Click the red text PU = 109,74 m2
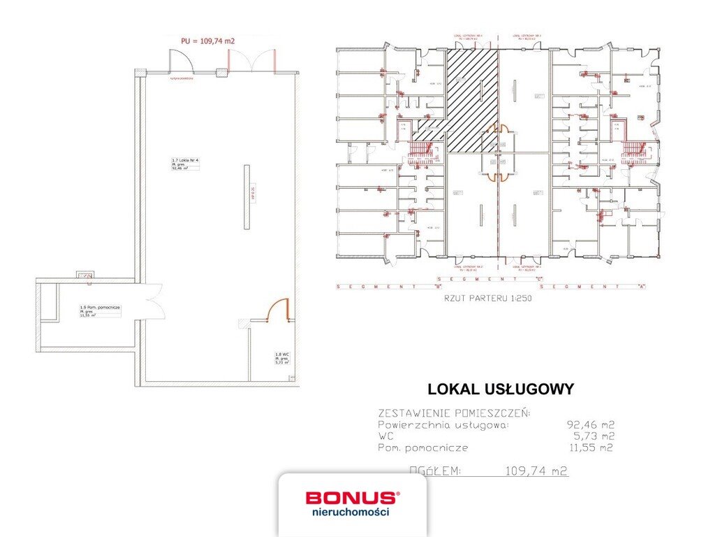point(207,41)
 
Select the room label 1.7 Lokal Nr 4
point(185,161)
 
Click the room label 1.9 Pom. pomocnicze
point(99,308)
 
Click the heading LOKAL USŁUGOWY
point(500,389)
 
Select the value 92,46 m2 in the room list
point(590,424)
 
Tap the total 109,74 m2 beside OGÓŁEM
point(536,471)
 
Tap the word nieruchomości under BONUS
point(351,513)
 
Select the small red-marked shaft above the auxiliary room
point(87,276)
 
